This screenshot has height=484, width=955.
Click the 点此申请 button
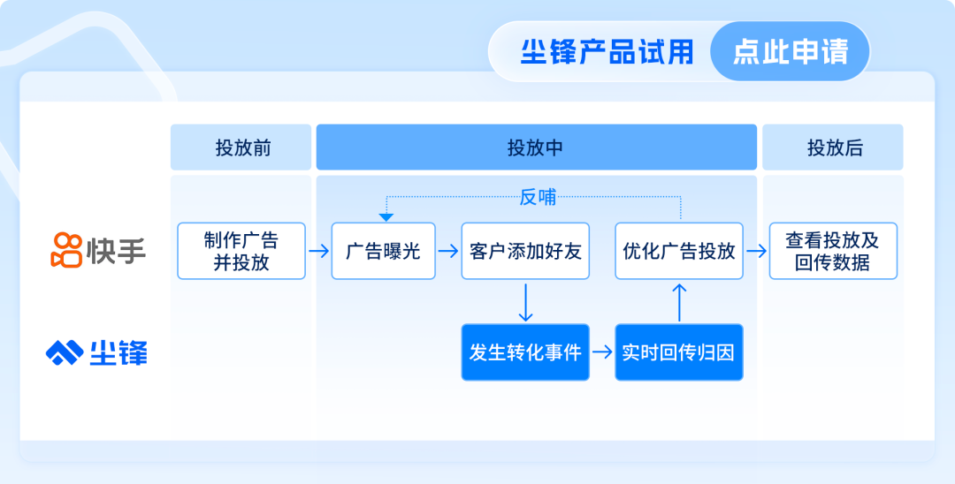(790, 51)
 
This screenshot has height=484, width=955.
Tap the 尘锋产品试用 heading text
(607, 52)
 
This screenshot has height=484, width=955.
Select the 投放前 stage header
(241, 147)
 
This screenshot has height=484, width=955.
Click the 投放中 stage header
(536, 147)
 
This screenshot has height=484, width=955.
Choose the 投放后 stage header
(833, 147)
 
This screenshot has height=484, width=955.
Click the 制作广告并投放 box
(241, 251)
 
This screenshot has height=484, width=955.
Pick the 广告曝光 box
(383, 251)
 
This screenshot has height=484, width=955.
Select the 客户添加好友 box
(525, 251)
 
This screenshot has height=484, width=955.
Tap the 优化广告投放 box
(679, 251)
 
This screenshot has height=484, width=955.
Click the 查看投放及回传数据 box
(833, 251)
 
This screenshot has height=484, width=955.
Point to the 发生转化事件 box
(525, 352)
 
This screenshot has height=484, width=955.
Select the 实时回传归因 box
(679, 352)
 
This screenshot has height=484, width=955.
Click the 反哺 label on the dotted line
(538, 197)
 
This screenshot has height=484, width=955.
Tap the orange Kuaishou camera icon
(66, 250)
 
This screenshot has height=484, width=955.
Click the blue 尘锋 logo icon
(65, 352)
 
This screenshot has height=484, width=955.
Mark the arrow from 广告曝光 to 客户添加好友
(448, 251)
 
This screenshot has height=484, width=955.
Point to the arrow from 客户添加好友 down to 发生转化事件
(525, 301)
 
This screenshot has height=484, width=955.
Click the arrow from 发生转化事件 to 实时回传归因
(602, 352)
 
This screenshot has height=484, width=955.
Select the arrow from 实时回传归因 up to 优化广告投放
(679, 301)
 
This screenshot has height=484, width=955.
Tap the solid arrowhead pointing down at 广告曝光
(386, 217)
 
